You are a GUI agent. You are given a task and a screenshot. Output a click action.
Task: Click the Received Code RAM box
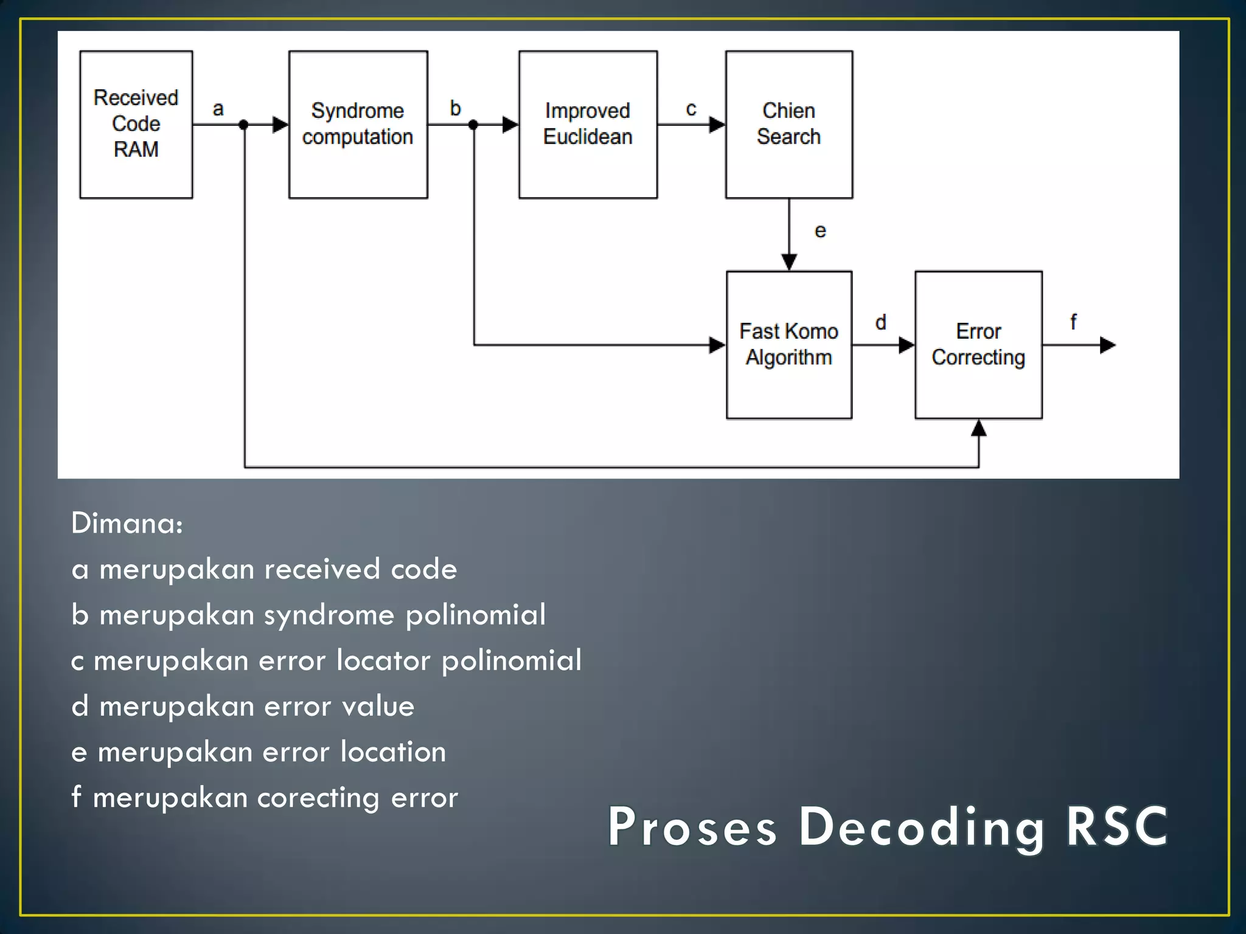point(136,125)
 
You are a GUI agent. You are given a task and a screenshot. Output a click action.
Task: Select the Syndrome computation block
point(358,125)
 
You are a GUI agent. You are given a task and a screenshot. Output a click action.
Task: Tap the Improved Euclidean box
point(588,125)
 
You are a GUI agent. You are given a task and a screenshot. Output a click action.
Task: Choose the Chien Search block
point(788,125)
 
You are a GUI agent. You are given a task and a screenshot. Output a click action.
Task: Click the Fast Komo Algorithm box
point(788,345)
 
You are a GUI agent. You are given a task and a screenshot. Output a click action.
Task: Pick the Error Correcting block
point(978,345)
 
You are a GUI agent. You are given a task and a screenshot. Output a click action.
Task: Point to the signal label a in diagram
point(218,109)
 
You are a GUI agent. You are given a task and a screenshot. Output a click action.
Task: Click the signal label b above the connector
point(455,108)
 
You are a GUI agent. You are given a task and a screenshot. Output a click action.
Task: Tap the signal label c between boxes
point(691,109)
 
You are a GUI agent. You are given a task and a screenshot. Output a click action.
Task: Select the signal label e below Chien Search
point(820,231)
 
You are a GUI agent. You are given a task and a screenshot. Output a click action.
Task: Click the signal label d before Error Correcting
point(880,322)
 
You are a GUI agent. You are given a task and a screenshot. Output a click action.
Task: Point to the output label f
point(1073,322)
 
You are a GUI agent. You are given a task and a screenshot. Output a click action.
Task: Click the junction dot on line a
point(244,125)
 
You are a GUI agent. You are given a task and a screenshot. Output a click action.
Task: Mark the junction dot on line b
point(473,125)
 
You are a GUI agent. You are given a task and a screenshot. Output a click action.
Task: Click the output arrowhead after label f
point(1108,345)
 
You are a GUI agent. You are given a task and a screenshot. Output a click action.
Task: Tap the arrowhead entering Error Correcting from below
point(978,428)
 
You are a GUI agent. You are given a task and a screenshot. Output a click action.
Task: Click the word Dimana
point(127,523)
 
